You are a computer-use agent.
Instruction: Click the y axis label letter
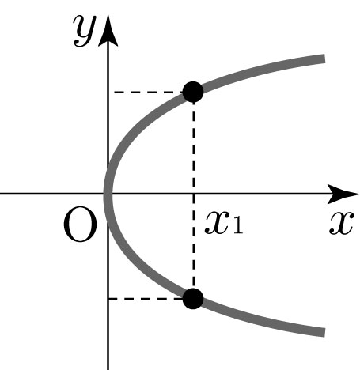pyautogui.click(x=85, y=31)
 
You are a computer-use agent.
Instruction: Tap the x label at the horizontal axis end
pyautogui.click(x=341, y=224)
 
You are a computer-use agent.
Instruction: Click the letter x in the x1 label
pyautogui.click(x=217, y=224)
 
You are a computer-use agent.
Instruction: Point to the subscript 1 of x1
pyautogui.click(x=237, y=227)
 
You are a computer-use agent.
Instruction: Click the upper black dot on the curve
pyautogui.click(x=193, y=92)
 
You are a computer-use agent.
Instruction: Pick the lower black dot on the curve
pyautogui.click(x=193, y=298)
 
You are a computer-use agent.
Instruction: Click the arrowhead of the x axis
pyautogui.click(x=343, y=194)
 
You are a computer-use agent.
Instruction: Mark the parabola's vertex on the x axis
pyautogui.click(x=108, y=194)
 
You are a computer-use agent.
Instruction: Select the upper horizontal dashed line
pyautogui.click(x=148, y=92)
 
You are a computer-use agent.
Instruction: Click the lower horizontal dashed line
pyautogui.click(x=146, y=299)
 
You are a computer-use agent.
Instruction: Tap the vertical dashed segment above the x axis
pyautogui.click(x=194, y=148)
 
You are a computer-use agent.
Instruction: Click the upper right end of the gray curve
pyautogui.click(x=324, y=59)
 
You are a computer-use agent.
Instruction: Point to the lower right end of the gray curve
pyautogui.click(x=324, y=332)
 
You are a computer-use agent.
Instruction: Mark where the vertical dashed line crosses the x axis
pyautogui.click(x=194, y=194)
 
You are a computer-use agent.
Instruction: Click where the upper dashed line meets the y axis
pyautogui.click(x=108, y=92)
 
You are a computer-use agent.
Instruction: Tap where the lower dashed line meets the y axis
pyautogui.click(x=108, y=299)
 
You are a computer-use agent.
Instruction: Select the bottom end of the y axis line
pyautogui.click(x=108, y=369)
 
